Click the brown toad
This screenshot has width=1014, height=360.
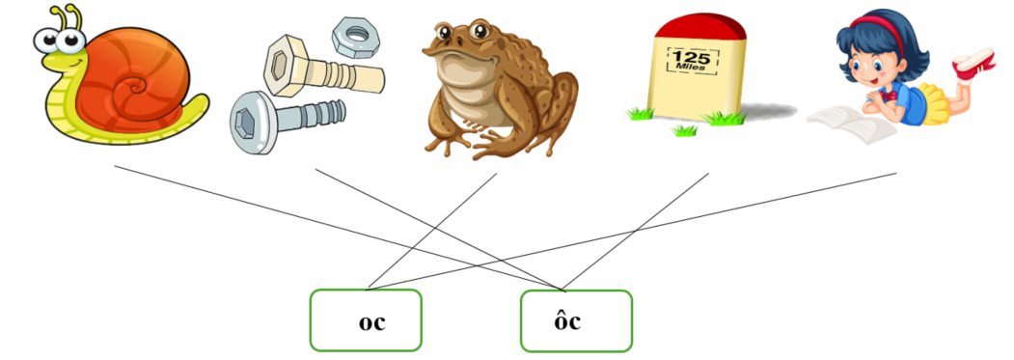click(x=487, y=87)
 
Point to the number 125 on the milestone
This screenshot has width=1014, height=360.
click(x=691, y=59)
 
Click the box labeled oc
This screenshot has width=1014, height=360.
click(x=366, y=320)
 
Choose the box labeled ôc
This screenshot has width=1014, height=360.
click(x=576, y=320)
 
